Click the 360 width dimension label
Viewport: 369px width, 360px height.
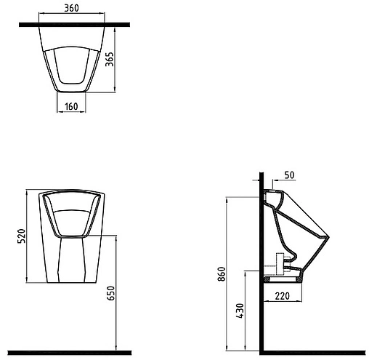[x=71, y=8]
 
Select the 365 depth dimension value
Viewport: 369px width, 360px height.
[x=110, y=59]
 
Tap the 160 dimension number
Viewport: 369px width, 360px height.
[x=71, y=106]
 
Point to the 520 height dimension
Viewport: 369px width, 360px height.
[x=21, y=236]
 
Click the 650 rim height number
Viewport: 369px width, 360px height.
[x=110, y=293]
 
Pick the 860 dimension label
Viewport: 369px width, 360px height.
[x=222, y=274]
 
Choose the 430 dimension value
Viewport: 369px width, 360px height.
[x=240, y=311]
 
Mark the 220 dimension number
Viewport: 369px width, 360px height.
[x=282, y=296]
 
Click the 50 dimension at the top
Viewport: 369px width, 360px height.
[x=289, y=175]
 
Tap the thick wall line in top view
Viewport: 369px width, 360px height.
[x=74, y=25]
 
